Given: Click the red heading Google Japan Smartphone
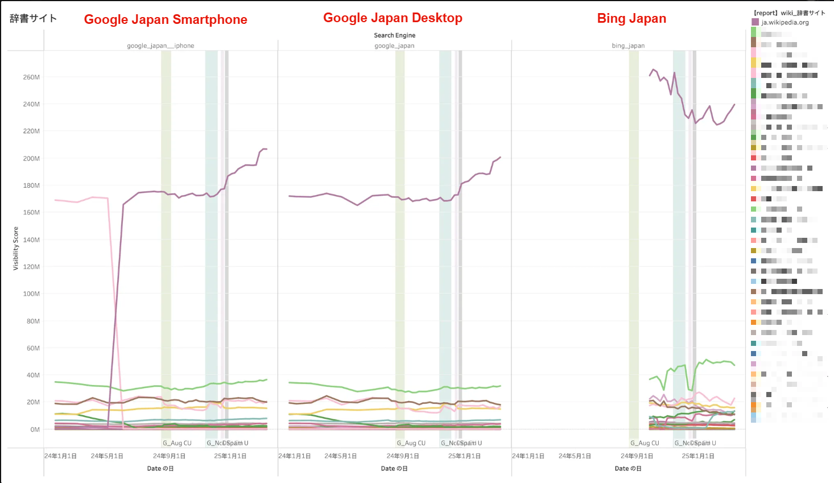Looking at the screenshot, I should [166, 19].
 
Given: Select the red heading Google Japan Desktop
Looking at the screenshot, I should [393, 18].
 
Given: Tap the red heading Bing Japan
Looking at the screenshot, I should [631, 18].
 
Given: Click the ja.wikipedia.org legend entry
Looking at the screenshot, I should [785, 22].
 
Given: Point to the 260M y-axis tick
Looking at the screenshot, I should [31, 77].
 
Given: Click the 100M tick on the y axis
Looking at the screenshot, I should [31, 294].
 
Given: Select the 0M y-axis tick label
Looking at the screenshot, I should [35, 430].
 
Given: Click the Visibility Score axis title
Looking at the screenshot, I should [16, 248].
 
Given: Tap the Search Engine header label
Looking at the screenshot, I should [394, 35].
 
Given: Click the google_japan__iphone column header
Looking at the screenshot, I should [160, 46].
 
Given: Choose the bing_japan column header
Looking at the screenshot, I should [628, 46].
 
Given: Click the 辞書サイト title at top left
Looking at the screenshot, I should [33, 18].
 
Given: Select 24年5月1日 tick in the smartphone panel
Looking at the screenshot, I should [107, 456].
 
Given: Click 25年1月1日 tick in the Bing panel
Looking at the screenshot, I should [698, 456].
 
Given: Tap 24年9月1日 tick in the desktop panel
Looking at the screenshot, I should [403, 456].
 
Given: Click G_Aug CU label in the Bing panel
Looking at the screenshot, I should [645, 443].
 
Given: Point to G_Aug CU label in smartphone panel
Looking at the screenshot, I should [177, 443].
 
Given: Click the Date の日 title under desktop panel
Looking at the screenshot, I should [394, 469].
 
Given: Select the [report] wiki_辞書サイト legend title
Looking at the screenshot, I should [789, 13].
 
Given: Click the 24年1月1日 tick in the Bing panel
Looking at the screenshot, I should [528, 456].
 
